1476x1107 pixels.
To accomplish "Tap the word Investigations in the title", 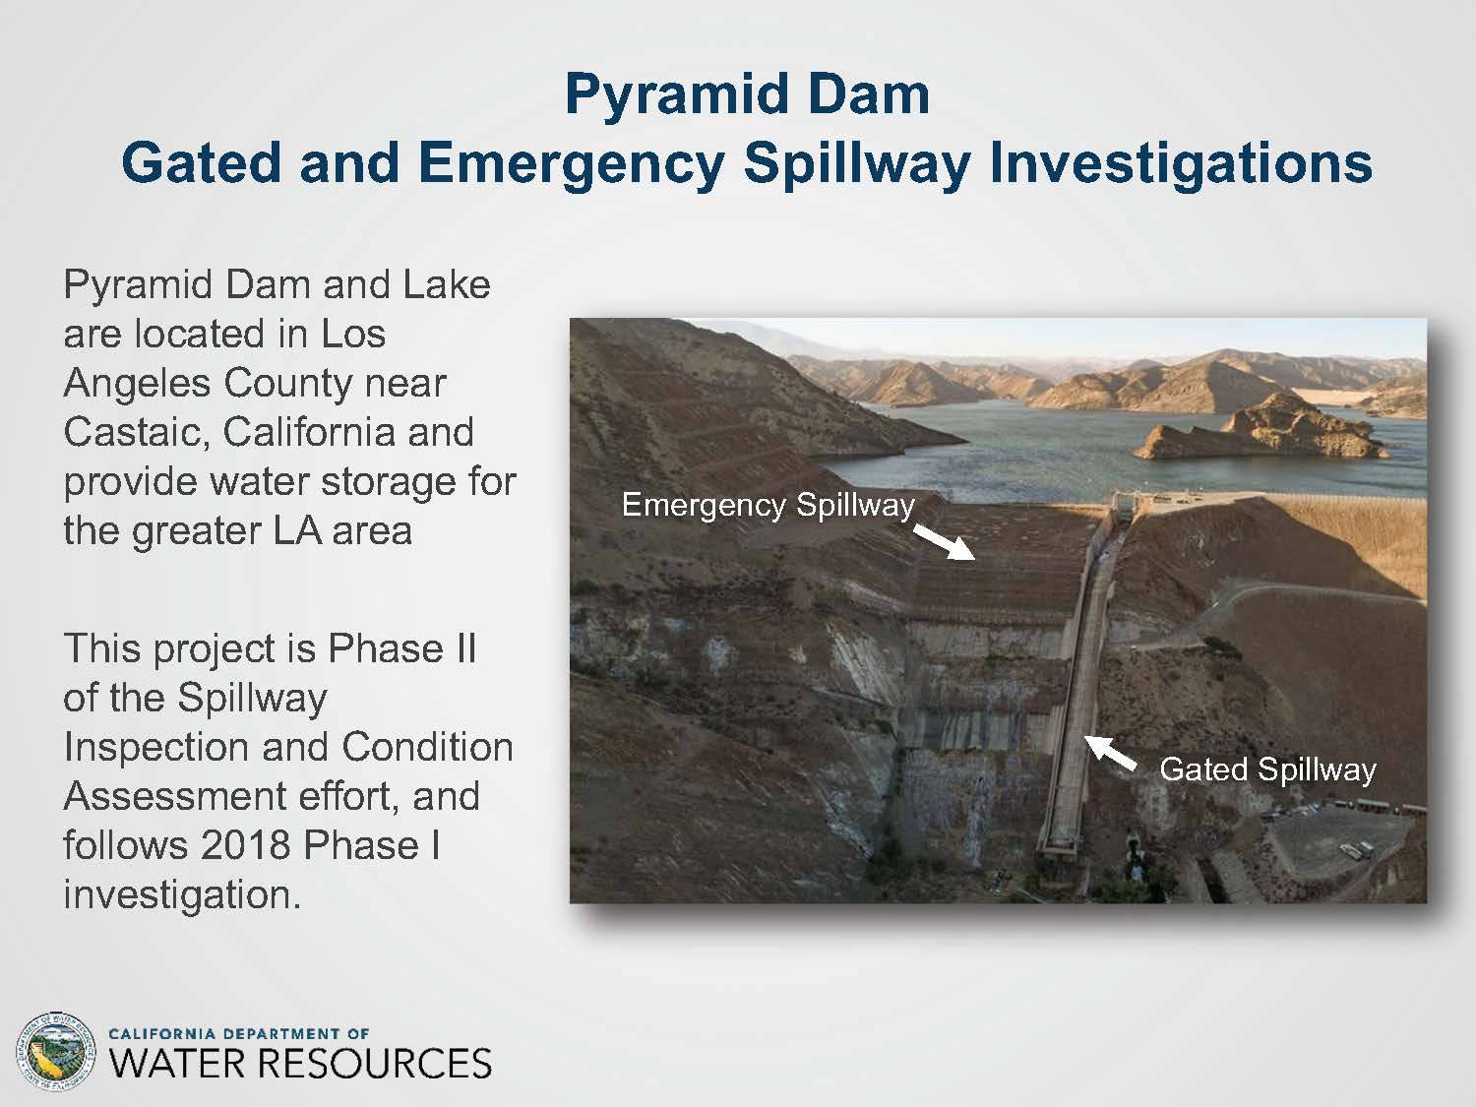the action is [1181, 164].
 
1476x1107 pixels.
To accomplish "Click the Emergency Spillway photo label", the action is [768, 506].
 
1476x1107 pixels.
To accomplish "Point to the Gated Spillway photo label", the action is [1267, 770].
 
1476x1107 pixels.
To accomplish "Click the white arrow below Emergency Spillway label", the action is [944, 542].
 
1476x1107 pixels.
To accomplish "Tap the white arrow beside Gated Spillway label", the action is [1110, 753].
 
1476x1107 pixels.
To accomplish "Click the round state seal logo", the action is [55, 1053].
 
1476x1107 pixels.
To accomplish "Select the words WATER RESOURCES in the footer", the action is [300, 1064].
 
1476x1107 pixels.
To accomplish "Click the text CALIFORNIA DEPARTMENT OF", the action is [239, 1034].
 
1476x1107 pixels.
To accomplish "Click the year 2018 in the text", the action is [246, 845].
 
